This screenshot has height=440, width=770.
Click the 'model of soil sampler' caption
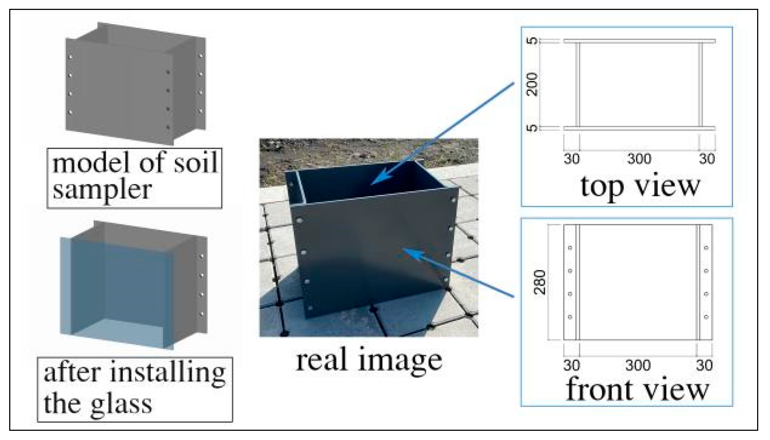tap(135, 178)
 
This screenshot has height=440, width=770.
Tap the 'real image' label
tap(369, 360)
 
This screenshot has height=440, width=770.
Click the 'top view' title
tap(640, 186)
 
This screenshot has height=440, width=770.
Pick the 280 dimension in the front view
tap(540, 282)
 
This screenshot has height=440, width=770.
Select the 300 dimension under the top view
tap(639, 159)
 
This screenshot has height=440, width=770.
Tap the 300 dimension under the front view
tap(638, 365)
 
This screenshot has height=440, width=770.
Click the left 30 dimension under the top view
tap(571, 159)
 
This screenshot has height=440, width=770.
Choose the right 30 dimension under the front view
tap(704, 365)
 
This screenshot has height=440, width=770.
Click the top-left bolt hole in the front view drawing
tap(570, 248)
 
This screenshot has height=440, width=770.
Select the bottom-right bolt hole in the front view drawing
tap(706, 317)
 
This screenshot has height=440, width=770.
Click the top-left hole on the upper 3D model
tap(70, 57)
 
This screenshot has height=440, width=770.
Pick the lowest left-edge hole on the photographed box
tap(310, 308)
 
